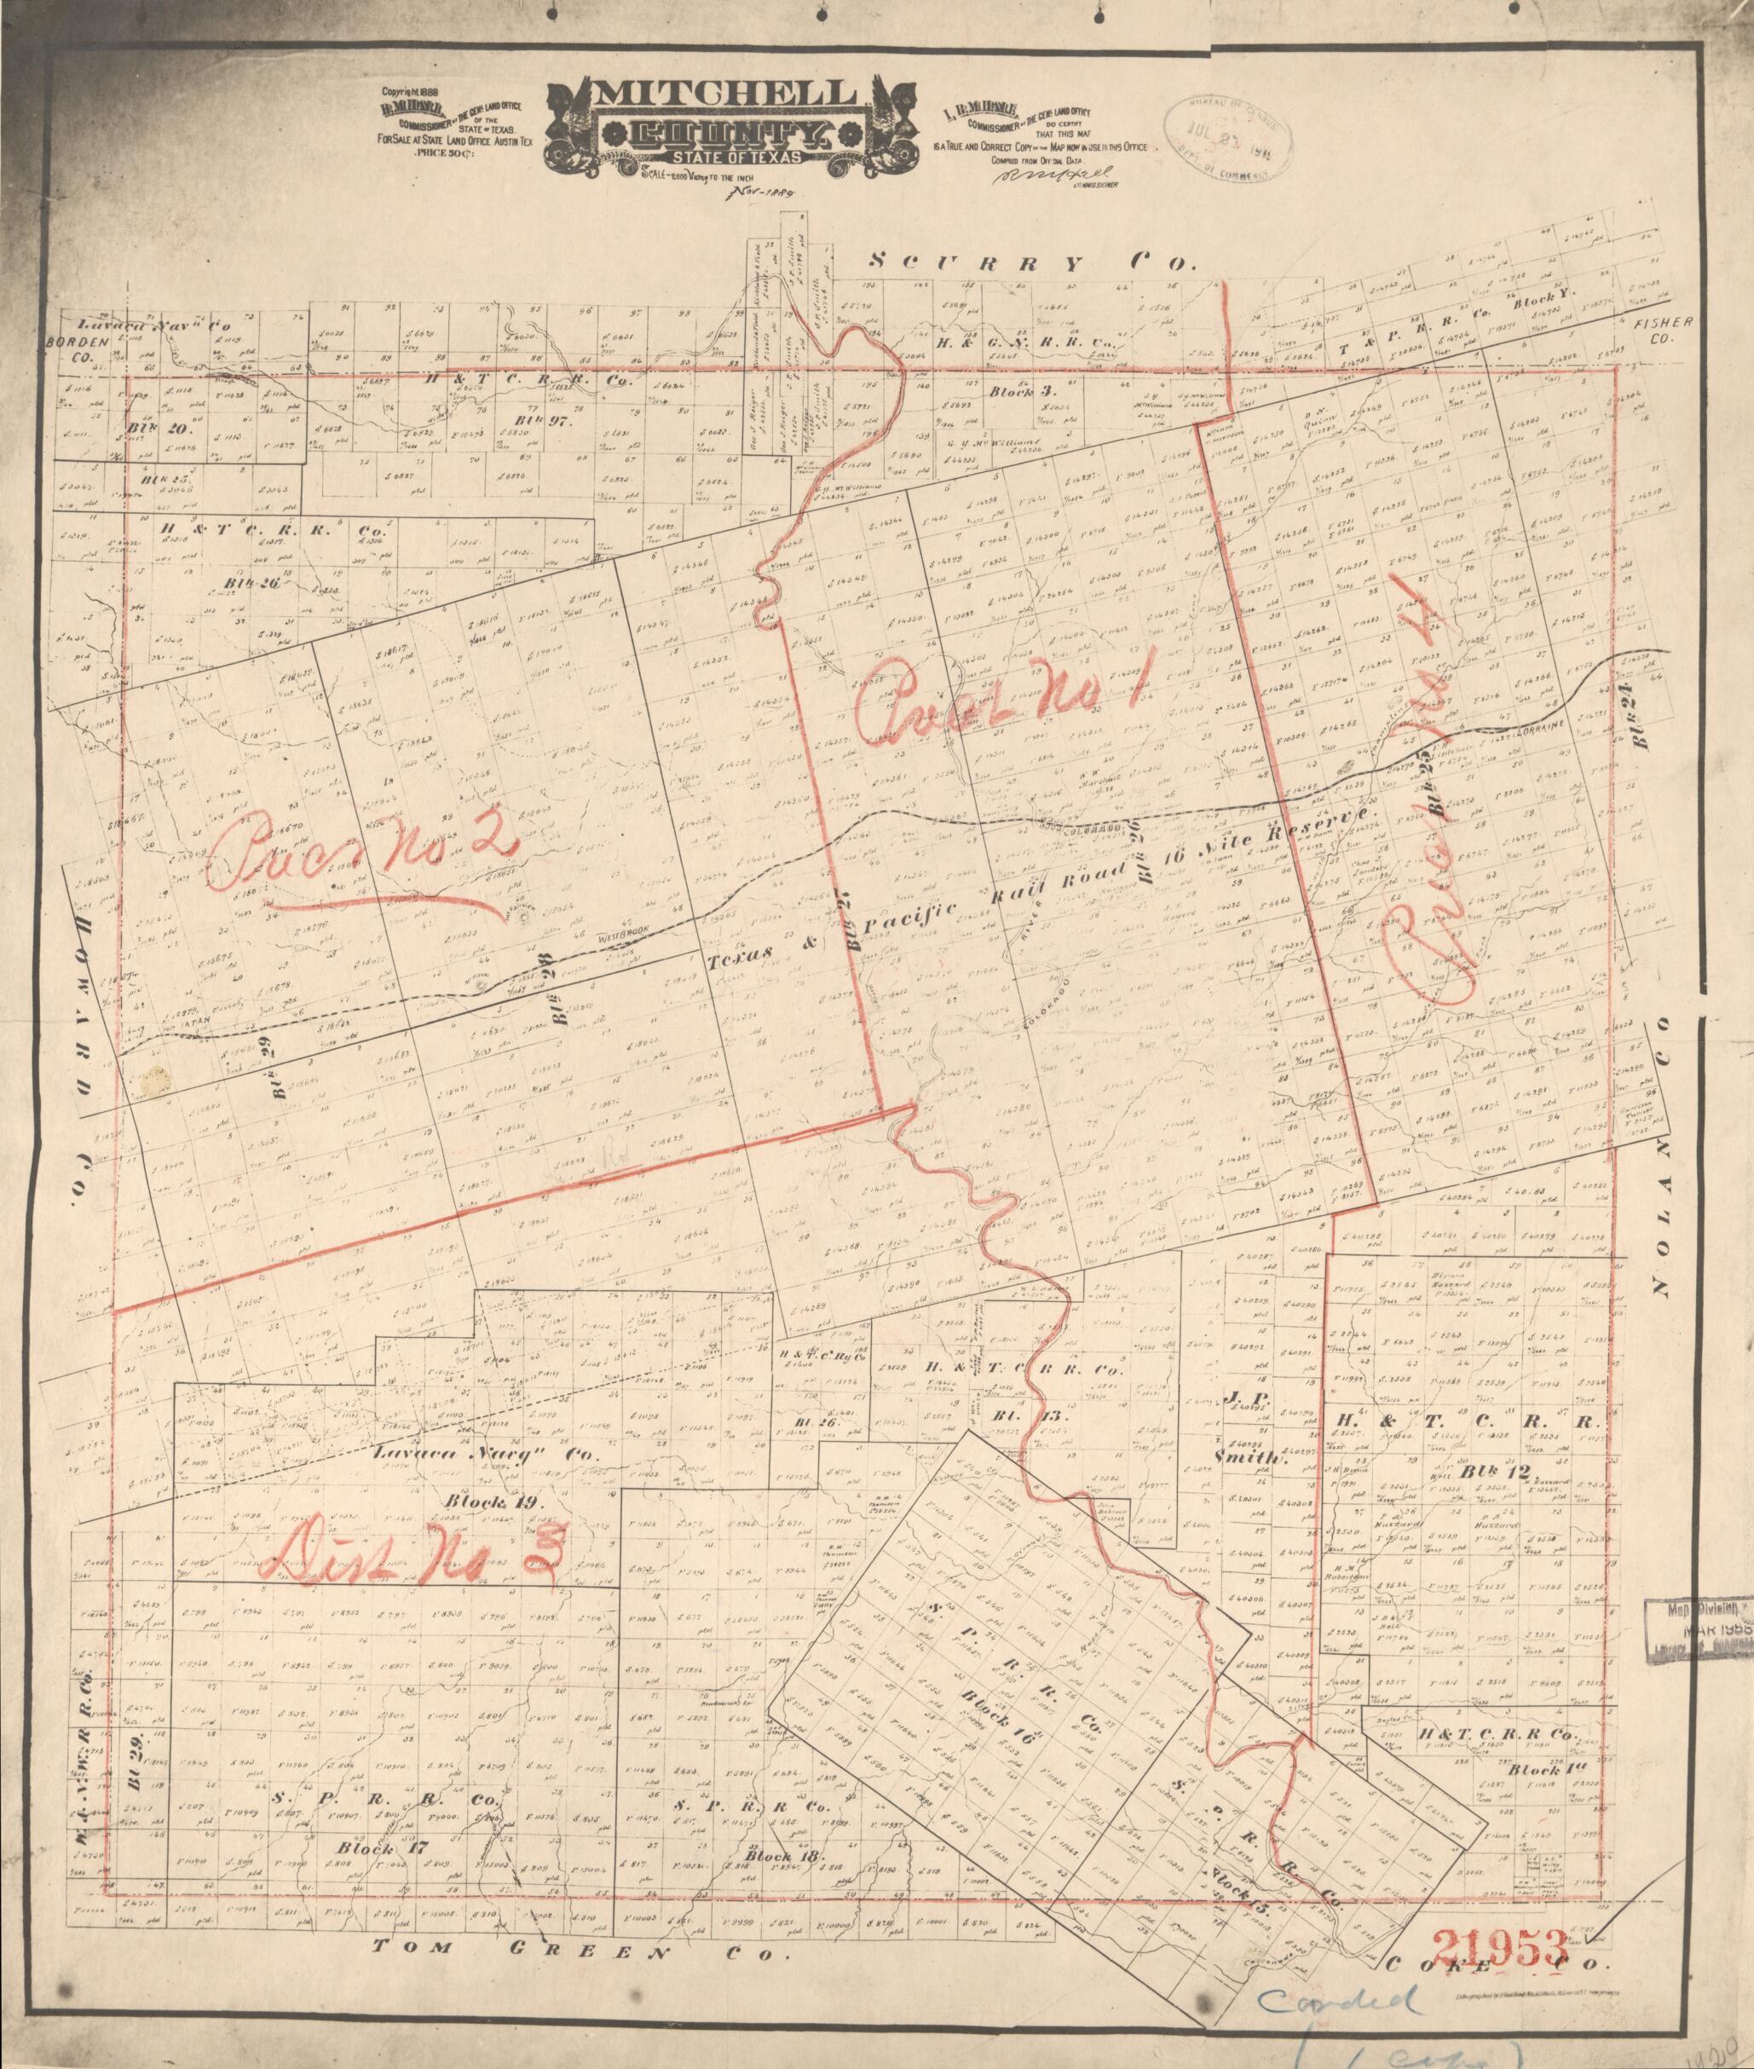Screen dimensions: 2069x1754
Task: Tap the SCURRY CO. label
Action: click(1030, 262)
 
